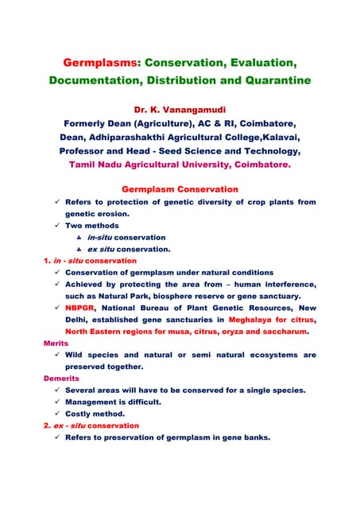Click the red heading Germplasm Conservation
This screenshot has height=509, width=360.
click(179, 189)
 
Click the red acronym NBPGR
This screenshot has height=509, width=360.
click(81, 308)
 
